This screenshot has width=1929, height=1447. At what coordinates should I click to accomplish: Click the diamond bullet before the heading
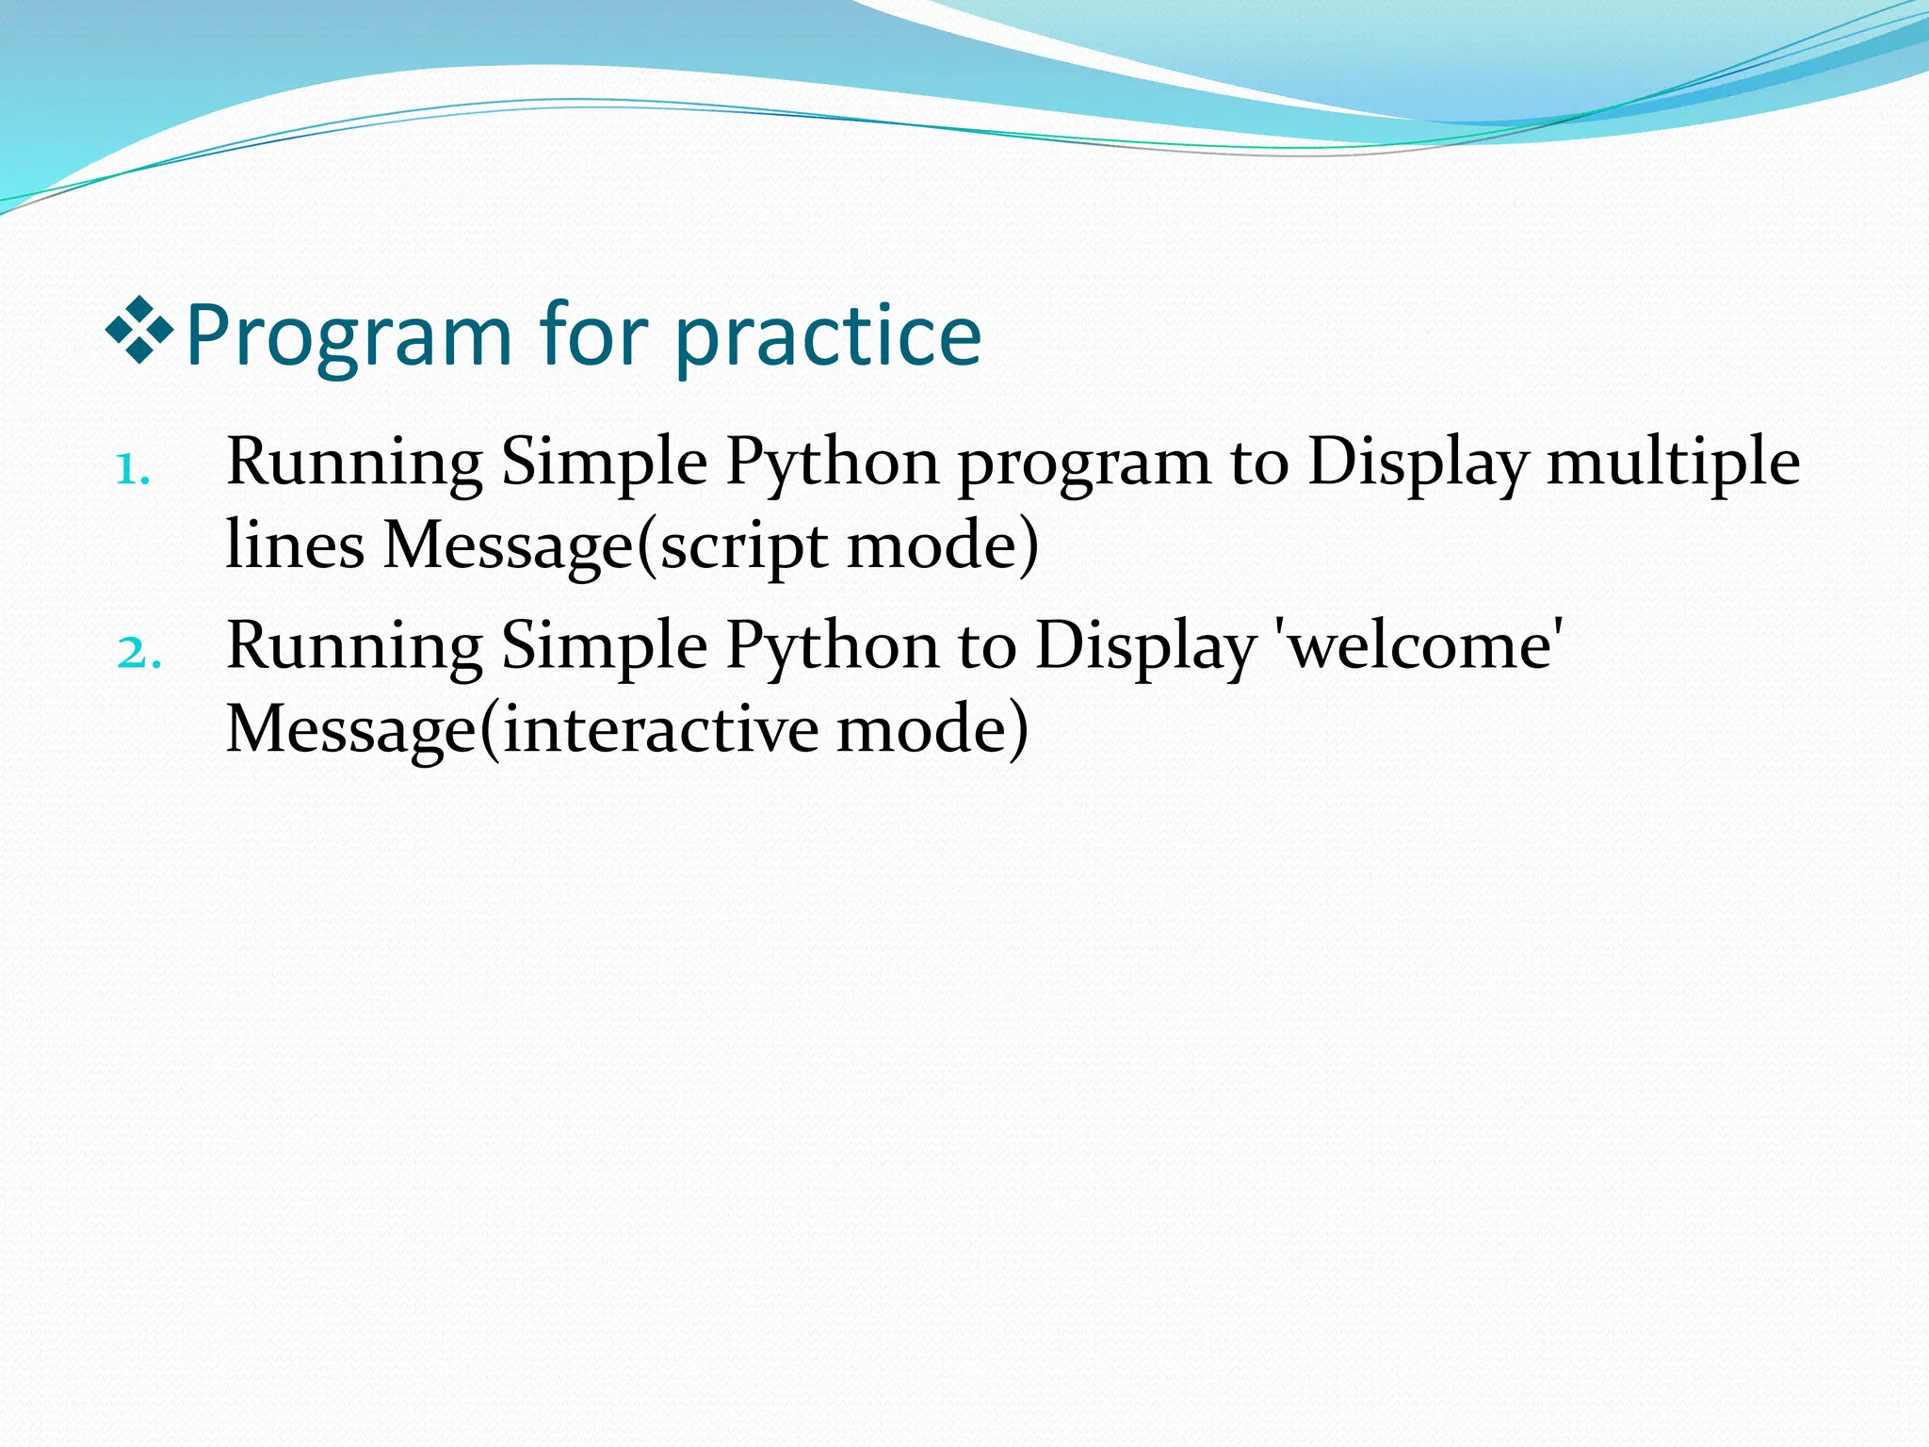coord(139,330)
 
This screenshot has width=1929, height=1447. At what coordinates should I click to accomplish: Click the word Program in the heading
coord(349,336)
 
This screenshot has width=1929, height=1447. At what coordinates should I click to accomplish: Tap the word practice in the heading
coord(828,336)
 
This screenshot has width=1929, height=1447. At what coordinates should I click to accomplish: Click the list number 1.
coord(133,468)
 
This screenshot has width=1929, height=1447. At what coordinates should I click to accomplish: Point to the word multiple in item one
coord(1673,463)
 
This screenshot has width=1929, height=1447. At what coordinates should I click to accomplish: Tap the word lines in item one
coord(295,545)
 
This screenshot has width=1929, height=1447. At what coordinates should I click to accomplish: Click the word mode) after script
coord(942,545)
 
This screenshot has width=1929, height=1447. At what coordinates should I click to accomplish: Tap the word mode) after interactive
coord(932,729)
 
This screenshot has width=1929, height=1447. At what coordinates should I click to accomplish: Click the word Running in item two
coord(354,648)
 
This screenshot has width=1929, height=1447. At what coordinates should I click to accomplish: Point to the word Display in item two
coord(1145,648)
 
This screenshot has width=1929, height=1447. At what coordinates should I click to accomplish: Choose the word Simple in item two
coord(604,648)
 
